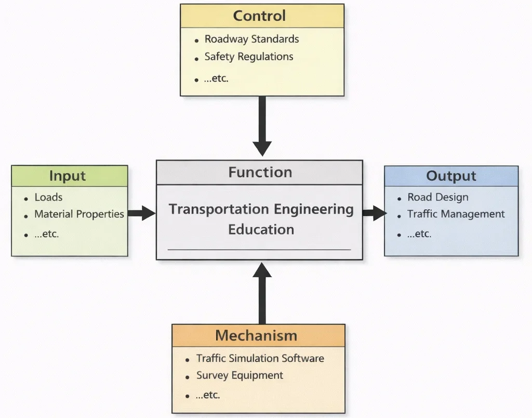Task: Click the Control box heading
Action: [259, 16]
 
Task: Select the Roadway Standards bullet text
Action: [251, 39]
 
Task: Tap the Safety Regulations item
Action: [248, 57]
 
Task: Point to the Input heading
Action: [68, 176]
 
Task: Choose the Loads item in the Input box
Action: [48, 197]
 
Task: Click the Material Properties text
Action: [79, 214]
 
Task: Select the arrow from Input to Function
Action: [141, 213]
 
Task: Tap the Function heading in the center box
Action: [260, 172]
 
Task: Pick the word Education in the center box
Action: [261, 229]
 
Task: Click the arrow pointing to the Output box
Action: [374, 212]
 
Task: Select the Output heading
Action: [451, 176]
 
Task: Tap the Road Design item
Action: [437, 197]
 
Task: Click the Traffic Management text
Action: [456, 214]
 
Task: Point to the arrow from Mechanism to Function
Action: [262, 294]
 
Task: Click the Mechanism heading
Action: [256, 335]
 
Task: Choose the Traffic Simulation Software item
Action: [260, 358]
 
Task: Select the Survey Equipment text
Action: [240, 375]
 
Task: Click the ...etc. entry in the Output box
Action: [419, 234]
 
